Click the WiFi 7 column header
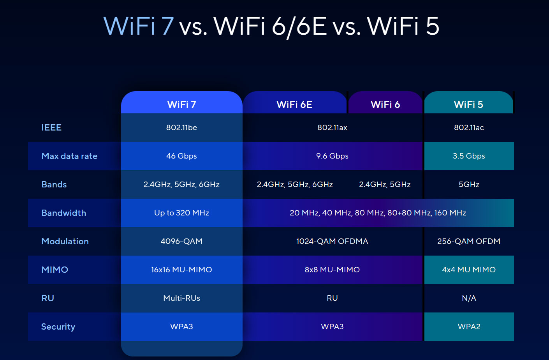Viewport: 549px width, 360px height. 181,104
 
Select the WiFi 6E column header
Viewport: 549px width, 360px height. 294,104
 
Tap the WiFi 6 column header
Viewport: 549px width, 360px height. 385,104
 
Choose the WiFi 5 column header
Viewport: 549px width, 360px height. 468,104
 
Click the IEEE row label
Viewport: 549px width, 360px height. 51,127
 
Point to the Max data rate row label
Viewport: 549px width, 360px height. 69,156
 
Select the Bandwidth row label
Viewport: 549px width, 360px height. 64,213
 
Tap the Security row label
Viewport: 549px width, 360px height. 58,326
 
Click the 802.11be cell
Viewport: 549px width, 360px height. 181,127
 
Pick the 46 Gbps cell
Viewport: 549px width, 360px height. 181,156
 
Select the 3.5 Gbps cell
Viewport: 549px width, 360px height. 469,156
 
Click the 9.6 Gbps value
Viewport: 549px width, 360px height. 332,156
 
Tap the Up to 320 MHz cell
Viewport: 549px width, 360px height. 181,213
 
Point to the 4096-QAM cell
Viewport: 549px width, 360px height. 181,241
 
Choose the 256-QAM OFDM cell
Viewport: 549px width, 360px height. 469,241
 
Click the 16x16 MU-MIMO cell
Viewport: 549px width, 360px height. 181,270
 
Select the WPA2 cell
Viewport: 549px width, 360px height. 469,326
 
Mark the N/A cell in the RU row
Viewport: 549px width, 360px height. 469,298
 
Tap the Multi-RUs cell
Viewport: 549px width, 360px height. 181,298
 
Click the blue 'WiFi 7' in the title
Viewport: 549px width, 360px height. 139,26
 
